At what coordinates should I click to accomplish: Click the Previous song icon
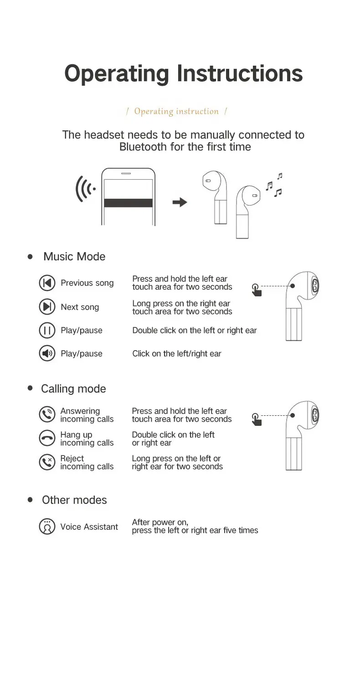[47, 283]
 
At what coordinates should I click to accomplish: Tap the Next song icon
[47, 306]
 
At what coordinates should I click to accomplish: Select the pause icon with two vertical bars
[47, 330]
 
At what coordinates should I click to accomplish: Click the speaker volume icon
[47, 353]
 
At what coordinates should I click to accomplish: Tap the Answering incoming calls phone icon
[47, 414]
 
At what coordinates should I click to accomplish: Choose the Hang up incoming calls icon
[47, 438]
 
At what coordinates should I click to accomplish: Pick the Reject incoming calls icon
[47, 462]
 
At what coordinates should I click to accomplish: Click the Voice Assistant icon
[47, 527]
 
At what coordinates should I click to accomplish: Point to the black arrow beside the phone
[180, 202]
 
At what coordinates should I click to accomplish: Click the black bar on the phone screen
[129, 203]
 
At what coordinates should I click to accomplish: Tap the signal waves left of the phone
[85, 189]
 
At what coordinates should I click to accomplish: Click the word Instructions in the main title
[240, 73]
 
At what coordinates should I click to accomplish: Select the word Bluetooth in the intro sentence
[143, 147]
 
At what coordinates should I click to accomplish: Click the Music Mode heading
[74, 257]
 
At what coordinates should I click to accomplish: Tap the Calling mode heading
[73, 389]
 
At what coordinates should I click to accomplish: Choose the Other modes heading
[74, 500]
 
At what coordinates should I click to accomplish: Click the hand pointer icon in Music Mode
[257, 290]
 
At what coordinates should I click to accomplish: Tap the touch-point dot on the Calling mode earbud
[293, 415]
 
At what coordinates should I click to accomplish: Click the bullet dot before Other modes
[30, 500]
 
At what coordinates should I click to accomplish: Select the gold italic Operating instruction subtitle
[176, 111]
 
